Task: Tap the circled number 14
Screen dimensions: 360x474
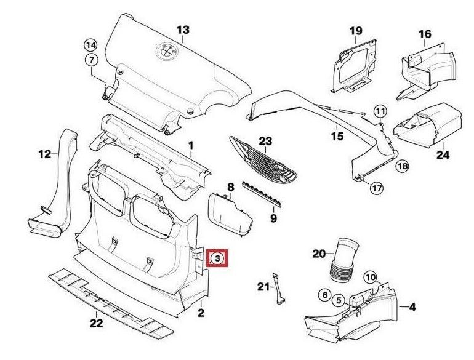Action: point(90,44)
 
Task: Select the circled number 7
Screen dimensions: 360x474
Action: point(90,60)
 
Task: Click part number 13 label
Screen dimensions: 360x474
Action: point(183,30)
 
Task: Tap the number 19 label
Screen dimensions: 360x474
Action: point(356,31)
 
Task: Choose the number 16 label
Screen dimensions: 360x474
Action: point(425,34)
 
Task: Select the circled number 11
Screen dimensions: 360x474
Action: point(380,111)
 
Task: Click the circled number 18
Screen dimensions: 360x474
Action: point(402,166)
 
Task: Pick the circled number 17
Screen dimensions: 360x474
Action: point(376,188)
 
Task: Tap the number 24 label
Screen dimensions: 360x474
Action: point(443,155)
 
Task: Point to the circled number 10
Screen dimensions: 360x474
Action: point(369,277)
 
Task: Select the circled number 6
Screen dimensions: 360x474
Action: point(324,295)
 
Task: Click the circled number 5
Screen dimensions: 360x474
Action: point(339,300)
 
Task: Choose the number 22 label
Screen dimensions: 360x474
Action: point(96,322)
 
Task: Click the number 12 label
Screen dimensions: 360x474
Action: point(44,154)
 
